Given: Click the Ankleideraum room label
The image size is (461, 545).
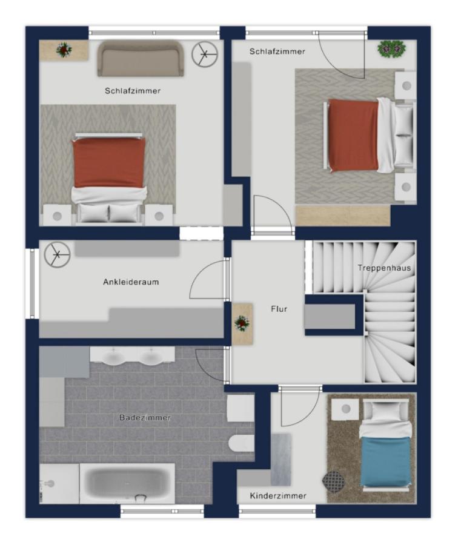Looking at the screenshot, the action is (131, 282).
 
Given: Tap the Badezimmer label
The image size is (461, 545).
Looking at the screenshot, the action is (145, 417).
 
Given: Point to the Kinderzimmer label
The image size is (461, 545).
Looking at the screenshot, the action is (278, 496).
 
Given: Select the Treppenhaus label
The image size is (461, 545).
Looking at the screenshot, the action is (384, 268).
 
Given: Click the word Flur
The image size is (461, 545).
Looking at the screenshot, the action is (279, 309).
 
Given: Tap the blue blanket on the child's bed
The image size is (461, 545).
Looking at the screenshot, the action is (385, 462).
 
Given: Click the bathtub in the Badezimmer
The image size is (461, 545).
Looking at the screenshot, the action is (127, 483).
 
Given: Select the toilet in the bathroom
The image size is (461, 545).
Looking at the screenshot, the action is (241, 443).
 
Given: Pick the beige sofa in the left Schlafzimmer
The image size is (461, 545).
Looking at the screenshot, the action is (141, 58).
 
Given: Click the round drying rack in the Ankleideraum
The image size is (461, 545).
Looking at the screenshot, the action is (58, 254).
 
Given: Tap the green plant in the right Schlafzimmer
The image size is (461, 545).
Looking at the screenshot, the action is (391, 48).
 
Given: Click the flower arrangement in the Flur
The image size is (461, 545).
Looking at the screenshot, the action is (242, 323).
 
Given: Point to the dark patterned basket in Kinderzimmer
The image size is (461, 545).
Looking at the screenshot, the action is (333, 482).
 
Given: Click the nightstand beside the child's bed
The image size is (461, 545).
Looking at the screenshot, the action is (345, 409).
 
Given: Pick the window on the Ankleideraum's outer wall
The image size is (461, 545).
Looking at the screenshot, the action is (32, 283).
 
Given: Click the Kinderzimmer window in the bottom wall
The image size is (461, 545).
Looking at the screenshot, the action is (277, 511).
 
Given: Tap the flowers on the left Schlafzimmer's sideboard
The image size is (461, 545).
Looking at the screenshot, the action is (64, 50).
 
